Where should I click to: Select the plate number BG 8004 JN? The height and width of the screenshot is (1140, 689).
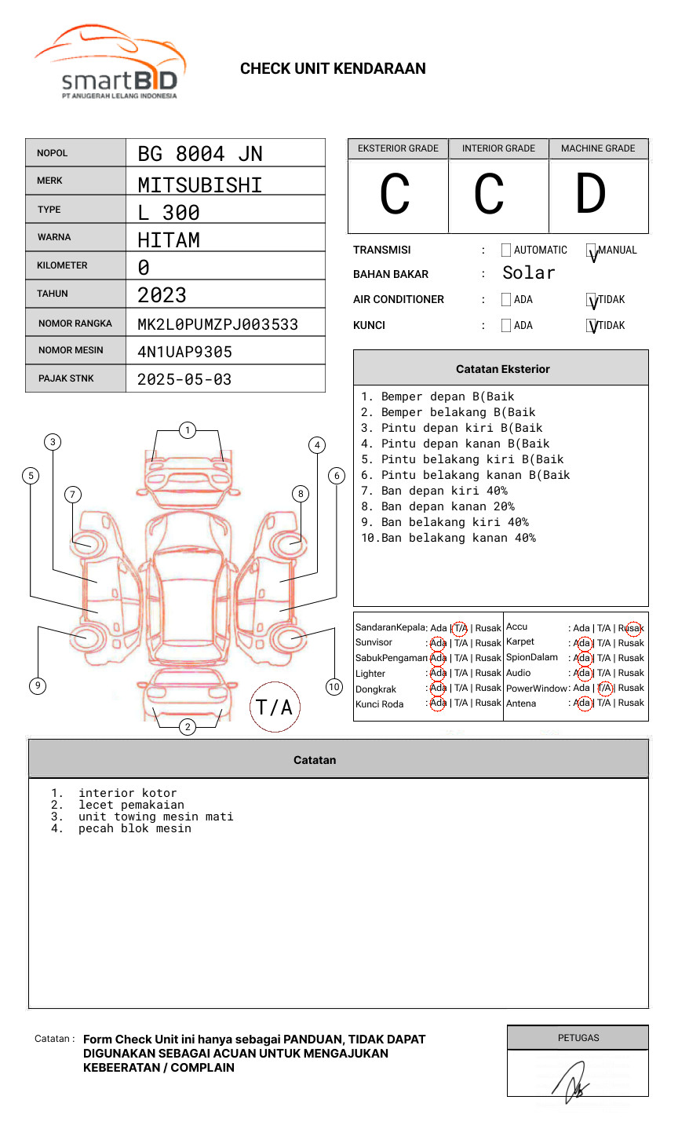(200, 154)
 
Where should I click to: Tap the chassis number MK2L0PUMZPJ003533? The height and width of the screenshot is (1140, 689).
(217, 324)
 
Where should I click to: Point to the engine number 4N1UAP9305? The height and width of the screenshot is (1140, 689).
(184, 352)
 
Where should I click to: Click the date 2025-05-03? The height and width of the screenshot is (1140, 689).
(184, 379)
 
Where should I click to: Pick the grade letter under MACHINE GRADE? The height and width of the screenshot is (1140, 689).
(591, 195)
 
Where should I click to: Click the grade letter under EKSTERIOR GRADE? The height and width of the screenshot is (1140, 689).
(395, 195)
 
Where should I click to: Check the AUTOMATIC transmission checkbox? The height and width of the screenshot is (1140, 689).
(506, 250)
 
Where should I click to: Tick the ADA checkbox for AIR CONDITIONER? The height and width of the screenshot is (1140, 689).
(506, 300)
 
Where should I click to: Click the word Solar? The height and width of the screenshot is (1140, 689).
(528, 273)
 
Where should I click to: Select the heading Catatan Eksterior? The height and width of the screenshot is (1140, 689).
(502, 369)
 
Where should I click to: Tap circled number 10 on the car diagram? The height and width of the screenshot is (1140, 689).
(334, 687)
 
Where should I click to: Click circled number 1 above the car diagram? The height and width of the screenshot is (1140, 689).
(188, 430)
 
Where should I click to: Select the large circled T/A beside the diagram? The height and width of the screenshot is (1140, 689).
(275, 707)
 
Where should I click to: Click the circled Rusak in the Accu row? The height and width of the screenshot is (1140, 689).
(632, 628)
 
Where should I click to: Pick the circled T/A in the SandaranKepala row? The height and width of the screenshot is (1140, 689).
(460, 628)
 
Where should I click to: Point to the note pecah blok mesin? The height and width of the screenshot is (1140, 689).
(134, 829)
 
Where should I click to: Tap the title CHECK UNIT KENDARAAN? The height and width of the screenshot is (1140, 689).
(333, 69)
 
